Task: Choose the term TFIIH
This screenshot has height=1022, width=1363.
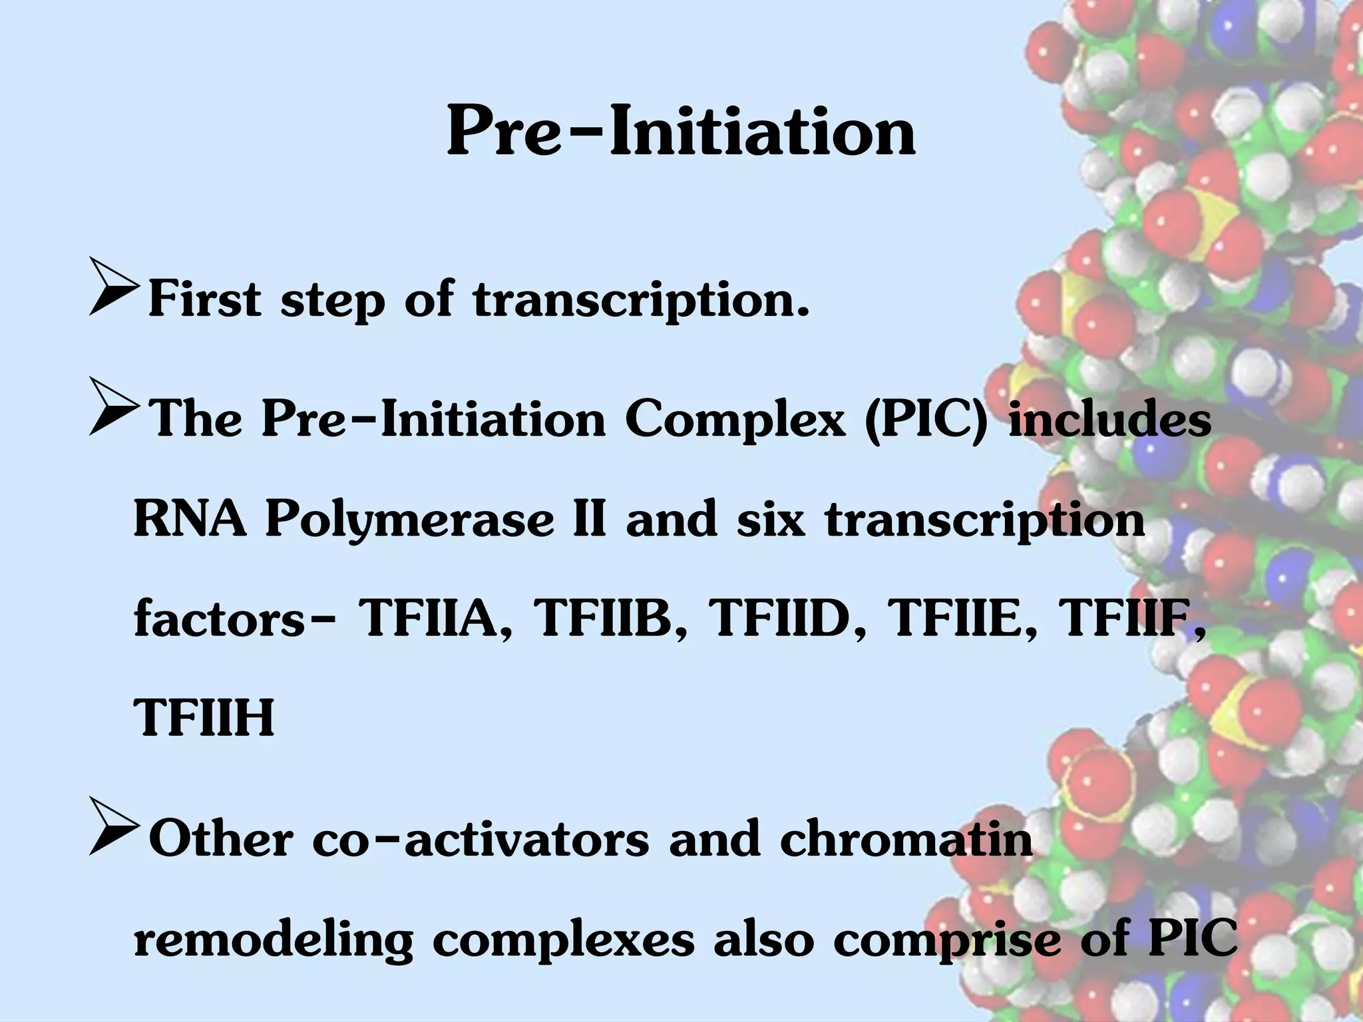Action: tap(204, 719)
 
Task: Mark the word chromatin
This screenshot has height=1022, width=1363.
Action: tap(906, 840)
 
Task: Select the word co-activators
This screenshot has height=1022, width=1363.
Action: tap(480, 840)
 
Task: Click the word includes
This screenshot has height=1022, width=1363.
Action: tap(1109, 420)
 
